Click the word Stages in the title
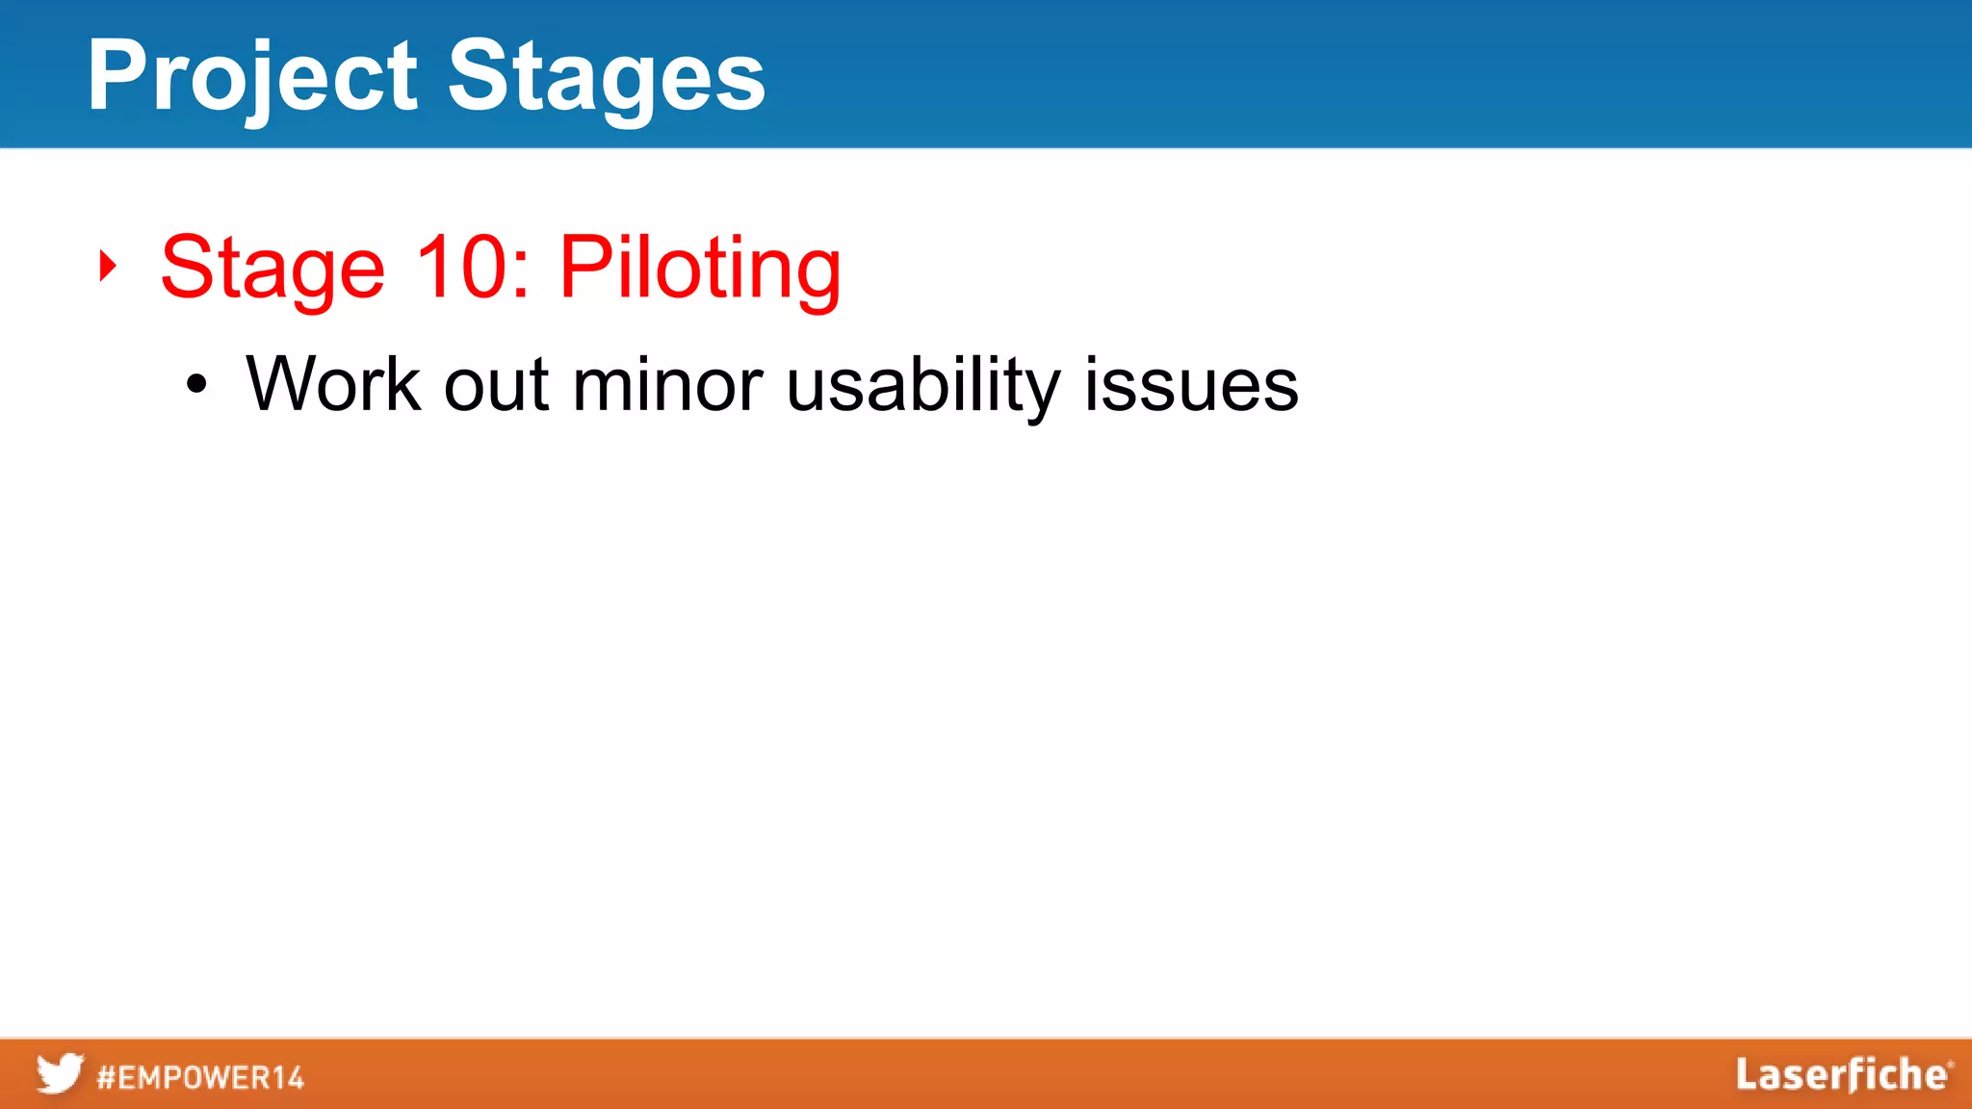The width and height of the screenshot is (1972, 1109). (607, 77)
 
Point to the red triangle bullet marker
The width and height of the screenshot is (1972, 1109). (107, 266)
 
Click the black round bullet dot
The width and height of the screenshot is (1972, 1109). (196, 385)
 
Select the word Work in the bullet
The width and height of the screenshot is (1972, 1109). (333, 384)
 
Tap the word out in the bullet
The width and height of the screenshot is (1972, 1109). (496, 385)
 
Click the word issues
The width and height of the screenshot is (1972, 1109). (1191, 385)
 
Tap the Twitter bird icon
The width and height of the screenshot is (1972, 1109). (60, 1073)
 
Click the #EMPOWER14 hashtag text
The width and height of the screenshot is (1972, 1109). (200, 1077)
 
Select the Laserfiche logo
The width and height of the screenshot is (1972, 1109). (1843, 1074)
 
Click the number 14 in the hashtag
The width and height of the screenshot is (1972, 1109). (286, 1077)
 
